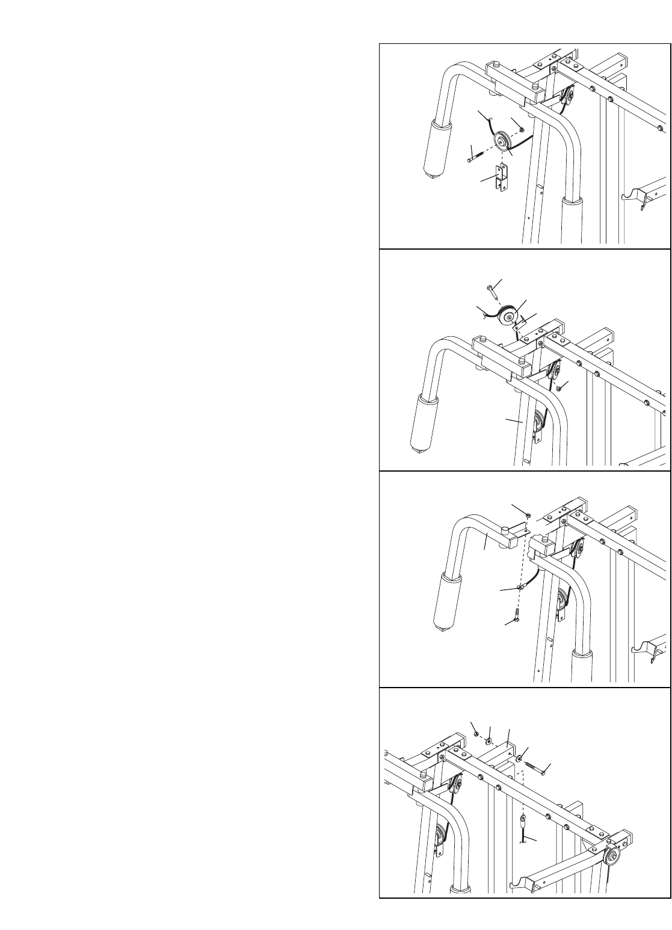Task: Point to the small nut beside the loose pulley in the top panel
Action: tap(522, 129)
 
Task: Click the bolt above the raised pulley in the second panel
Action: tap(494, 292)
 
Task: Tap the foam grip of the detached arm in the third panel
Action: tap(448, 602)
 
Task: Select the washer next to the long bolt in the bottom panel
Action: tap(519, 757)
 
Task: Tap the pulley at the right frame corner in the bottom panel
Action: tap(612, 857)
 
